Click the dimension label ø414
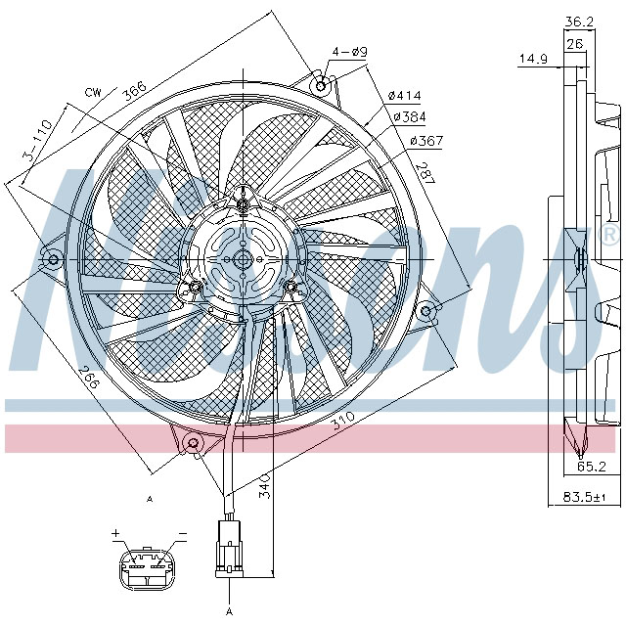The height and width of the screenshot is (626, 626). (x=404, y=95)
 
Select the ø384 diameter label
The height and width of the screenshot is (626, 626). (x=410, y=117)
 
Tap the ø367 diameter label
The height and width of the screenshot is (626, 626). (x=426, y=141)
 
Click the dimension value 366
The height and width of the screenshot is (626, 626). (x=134, y=89)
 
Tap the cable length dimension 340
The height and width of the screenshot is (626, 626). (x=264, y=486)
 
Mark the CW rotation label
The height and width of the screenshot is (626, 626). (x=93, y=92)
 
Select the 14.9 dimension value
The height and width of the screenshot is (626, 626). (x=532, y=60)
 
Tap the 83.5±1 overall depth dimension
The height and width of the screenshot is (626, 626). (x=585, y=498)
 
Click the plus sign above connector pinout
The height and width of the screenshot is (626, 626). (x=114, y=534)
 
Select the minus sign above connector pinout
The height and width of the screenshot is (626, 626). (x=182, y=535)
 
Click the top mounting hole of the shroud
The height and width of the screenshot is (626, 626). (x=320, y=85)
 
